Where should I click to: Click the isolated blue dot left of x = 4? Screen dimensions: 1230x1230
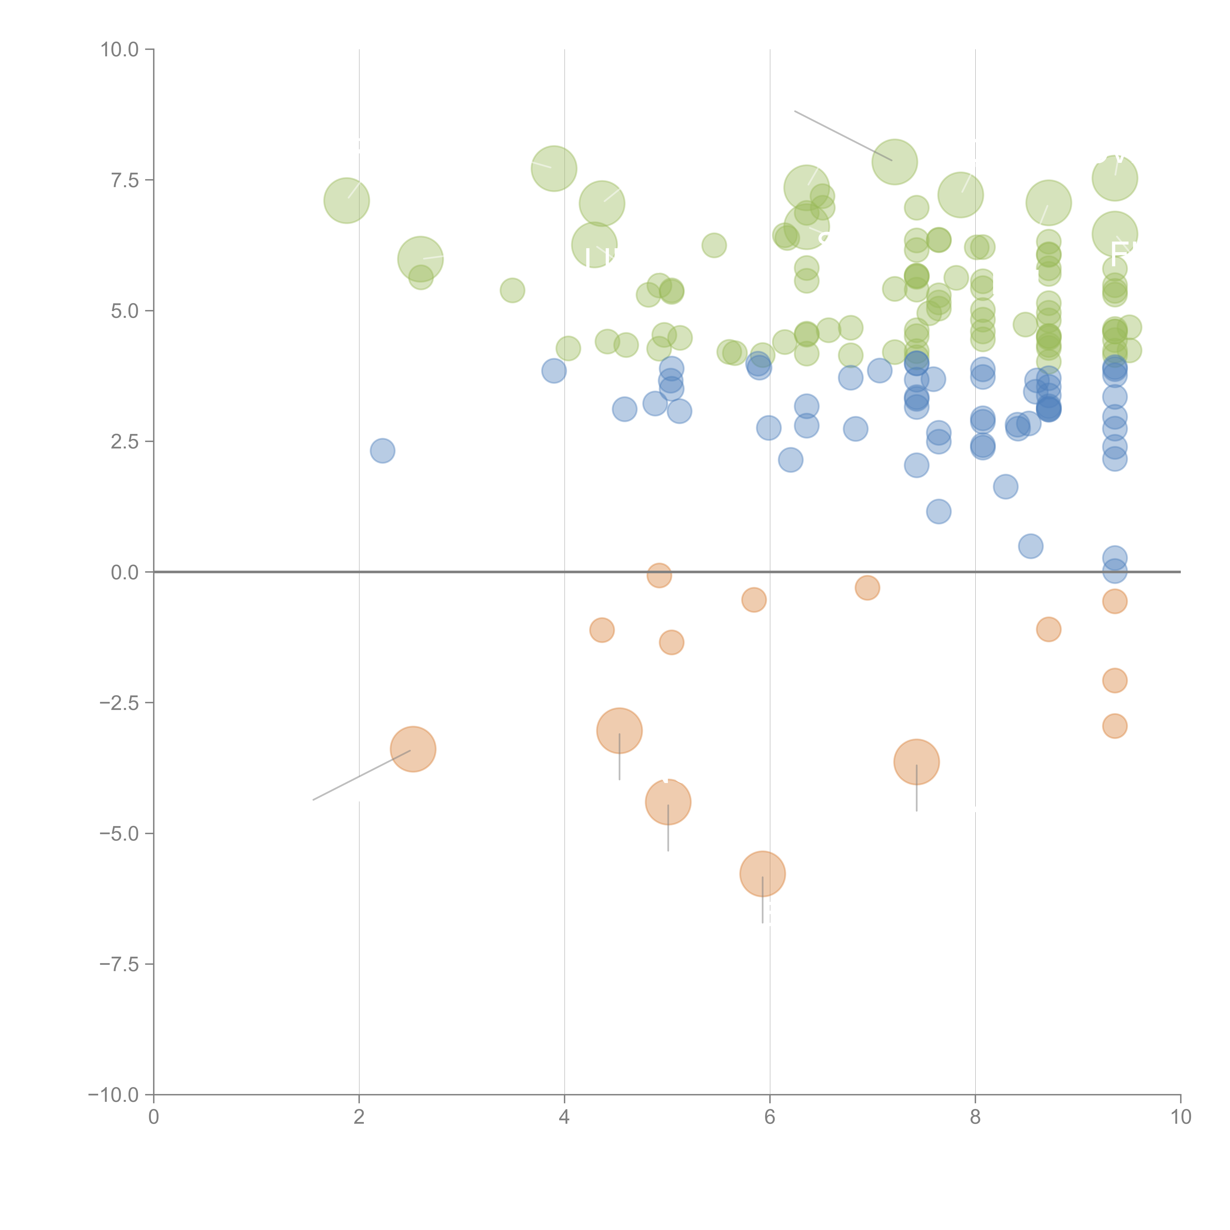click(382, 451)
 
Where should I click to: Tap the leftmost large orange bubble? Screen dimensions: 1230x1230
click(413, 749)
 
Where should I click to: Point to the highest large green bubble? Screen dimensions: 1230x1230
click(894, 162)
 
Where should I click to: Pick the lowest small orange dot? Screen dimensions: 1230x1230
click(1114, 726)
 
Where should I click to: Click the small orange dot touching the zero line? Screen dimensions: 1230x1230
click(659, 576)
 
